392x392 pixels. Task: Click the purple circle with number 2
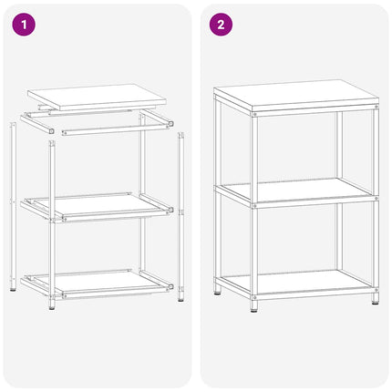click(x=219, y=25)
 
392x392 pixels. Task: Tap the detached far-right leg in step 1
click(x=181, y=210)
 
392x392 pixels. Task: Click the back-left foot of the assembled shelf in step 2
click(x=218, y=292)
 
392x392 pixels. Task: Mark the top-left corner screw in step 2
click(x=254, y=114)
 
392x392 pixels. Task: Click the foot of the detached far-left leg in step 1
click(x=12, y=286)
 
